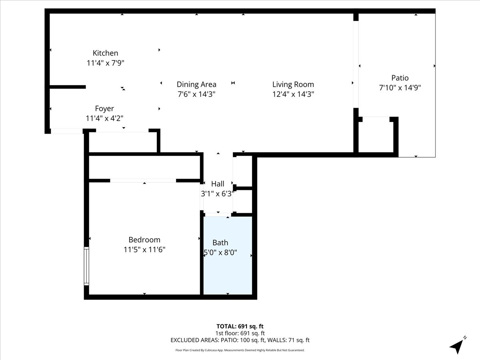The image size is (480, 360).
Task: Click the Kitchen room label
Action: click(106, 53)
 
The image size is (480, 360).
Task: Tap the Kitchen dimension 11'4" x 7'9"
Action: click(106, 63)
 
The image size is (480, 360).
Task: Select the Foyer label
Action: click(104, 109)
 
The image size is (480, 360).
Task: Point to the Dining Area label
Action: click(196, 84)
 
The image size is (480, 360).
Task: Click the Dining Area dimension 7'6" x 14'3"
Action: click(196, 94)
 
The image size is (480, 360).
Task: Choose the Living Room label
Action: click(293, 84)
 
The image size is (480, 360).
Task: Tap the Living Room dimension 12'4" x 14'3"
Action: click(293, 94)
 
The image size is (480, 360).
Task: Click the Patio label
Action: click(400, 78)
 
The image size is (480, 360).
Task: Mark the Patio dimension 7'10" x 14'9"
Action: click(400, 88)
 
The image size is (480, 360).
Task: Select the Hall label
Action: click(218, 184)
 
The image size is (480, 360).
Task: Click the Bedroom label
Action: click(144, 240)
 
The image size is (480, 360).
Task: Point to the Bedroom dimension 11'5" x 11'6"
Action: click(144, 249)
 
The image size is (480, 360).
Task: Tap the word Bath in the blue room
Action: click(220, 243)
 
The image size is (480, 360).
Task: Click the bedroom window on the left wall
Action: click(86, 266)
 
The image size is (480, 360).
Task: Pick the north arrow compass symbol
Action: click(458, 345)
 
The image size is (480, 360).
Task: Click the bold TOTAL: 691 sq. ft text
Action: click(240, 326)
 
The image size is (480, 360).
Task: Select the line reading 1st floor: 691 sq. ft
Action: click(240, 333)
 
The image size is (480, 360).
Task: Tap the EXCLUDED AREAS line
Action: click(240, 340)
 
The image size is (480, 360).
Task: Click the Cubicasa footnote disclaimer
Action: click(240, 350)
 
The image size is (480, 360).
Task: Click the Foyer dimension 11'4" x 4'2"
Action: click(104, 118)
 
